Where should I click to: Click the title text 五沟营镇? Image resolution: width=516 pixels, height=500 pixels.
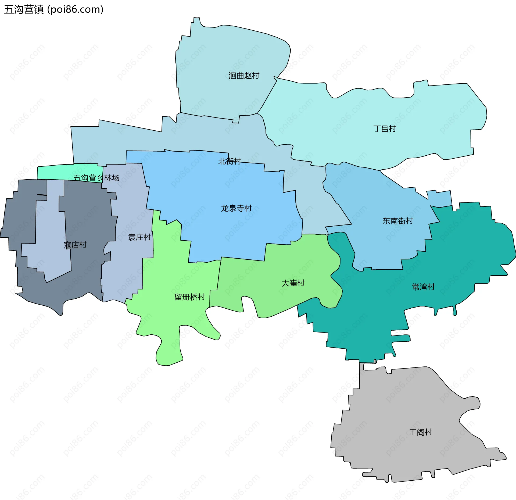[24, 10]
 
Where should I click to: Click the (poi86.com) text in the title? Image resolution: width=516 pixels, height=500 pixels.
[75, 10]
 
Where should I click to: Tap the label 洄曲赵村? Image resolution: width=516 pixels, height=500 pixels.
[244, 76]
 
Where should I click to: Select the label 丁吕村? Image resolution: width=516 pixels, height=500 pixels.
[385, 129]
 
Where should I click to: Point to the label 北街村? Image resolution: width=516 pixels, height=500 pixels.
[230, 161]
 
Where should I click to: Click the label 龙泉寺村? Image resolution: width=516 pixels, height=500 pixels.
[236, 208]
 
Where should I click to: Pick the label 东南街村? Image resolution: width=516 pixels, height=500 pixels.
[398, 221]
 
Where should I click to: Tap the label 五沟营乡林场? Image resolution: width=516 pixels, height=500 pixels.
[96, 178]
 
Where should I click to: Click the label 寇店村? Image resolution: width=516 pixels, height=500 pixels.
[75, 245]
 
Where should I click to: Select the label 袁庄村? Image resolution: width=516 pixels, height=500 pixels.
[139, 237]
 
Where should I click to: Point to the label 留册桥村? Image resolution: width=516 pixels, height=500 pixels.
[190, 297]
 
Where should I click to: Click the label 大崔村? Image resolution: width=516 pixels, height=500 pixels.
[293, 283]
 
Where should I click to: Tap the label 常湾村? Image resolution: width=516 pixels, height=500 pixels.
[423, 287]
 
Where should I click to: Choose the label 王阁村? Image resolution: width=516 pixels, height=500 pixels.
[421, 432]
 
